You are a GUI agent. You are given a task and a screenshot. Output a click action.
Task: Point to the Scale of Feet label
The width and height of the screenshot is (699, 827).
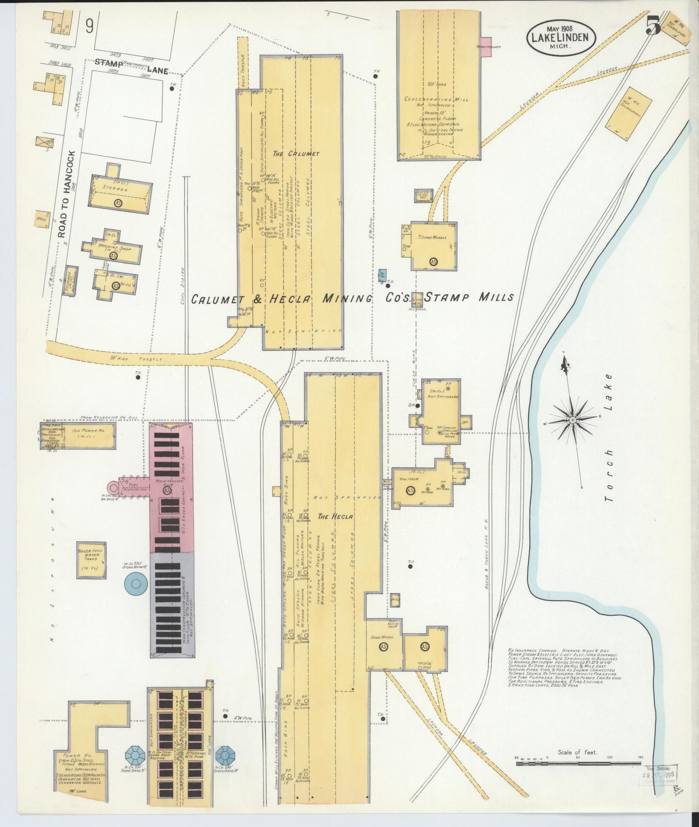(x=577, y=766)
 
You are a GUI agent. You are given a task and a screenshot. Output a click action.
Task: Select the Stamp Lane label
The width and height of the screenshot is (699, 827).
(x=131, y=67)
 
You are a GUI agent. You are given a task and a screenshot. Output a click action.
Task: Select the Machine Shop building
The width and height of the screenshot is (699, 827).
(x=113, y=250)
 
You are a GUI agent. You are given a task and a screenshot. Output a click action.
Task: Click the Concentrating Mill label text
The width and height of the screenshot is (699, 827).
(x=436, y=99)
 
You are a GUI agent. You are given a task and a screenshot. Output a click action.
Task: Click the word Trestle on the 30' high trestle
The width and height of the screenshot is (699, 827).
(x=154, y=359)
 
